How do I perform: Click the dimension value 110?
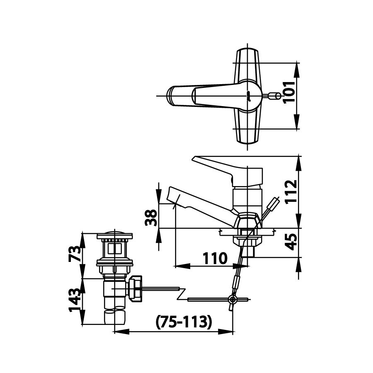coord(215,259)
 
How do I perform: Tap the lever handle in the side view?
coord(216,165)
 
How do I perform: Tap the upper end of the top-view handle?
coord(247,56)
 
